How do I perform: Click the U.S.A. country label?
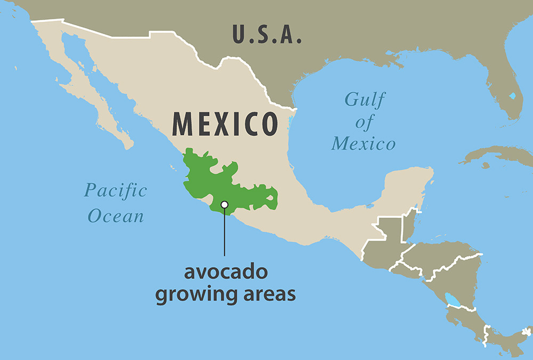[267, 35]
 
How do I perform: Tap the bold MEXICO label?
[225, 124]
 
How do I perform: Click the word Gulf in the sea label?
[365, 100]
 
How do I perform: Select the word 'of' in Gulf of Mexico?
[365, 123]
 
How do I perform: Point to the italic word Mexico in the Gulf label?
[364, 144]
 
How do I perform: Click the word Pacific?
[116, 190]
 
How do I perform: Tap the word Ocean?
[116, 216]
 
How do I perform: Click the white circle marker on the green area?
[224, 204]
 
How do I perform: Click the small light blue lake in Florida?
[512, 96]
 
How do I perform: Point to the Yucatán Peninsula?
[408, 187]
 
